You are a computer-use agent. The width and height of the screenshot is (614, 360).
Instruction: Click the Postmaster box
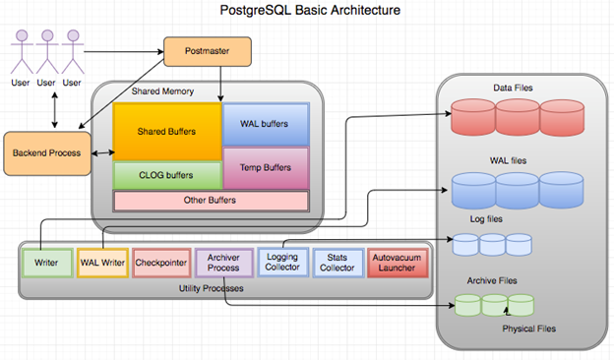tap(206, 48)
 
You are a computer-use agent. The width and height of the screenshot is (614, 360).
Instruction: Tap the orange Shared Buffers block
tap(166, 131)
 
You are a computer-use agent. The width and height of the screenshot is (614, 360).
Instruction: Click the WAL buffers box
tap(266, 123)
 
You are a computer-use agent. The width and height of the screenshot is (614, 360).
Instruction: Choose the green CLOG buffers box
tap(166, 175)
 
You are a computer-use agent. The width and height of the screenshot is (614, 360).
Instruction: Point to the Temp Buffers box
tap(266, 167)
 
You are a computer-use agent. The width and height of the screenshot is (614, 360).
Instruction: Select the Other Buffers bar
tap(211, 201)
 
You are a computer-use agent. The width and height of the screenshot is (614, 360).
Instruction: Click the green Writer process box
tap(45, 264)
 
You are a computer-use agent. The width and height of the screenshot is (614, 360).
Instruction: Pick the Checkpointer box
tap(160, 264)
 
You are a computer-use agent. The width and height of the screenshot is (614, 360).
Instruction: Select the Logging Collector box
tap(281, 263)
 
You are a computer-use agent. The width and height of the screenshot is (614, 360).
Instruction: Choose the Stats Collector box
tap(338, 263)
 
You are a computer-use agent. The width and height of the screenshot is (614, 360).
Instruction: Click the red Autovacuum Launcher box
tap(398, 263)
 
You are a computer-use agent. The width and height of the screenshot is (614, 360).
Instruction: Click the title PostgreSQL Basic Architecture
tap(310, 11)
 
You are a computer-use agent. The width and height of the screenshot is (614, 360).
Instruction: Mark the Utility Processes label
tap(226, 287)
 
